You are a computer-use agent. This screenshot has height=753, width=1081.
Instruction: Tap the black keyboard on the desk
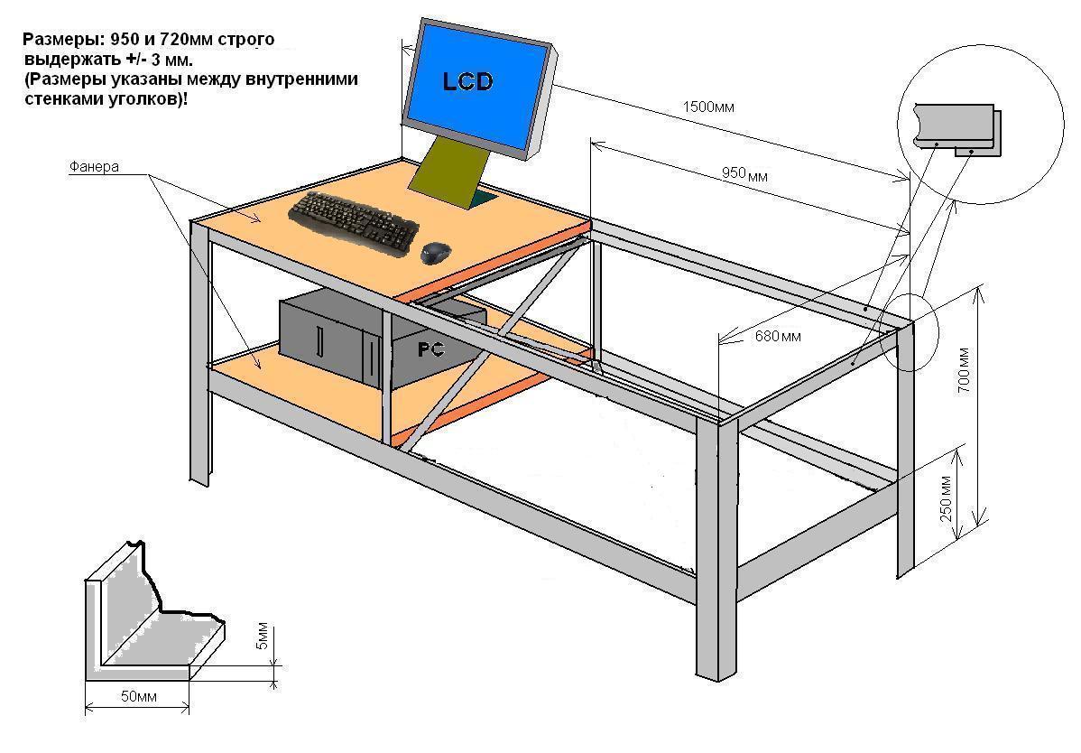point(354,219)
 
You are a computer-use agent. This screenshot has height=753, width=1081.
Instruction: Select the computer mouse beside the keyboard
point(437,253)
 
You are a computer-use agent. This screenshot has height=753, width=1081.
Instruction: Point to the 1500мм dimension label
point(708,107)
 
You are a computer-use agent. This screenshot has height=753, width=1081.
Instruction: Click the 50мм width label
point(136,697)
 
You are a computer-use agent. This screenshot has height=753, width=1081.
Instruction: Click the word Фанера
point(94,168)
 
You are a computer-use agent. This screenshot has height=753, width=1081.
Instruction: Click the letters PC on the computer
point(430,349)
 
